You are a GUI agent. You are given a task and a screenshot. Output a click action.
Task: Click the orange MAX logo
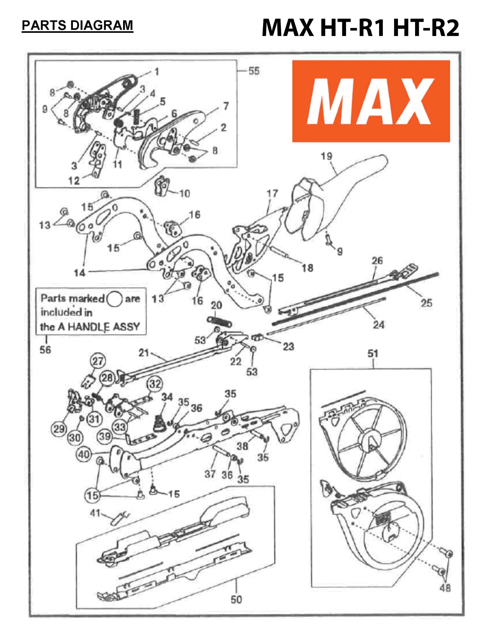[371, 101]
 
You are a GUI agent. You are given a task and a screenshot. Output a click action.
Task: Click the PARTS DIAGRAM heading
[78, 25]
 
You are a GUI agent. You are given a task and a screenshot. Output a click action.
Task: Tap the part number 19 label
[326, 156]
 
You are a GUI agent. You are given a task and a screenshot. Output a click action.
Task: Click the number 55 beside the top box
[254, 71]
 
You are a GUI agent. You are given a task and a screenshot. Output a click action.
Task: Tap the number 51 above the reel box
[373, 354]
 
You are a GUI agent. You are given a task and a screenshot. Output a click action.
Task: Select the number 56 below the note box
[45, 350]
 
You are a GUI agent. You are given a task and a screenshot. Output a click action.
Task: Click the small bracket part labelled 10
[162, 186]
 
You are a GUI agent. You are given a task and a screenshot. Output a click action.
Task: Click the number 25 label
[426, 303]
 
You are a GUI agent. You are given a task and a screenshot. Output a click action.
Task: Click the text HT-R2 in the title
[426, 29]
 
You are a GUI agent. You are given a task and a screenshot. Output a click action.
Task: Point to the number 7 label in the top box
[226, 106]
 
